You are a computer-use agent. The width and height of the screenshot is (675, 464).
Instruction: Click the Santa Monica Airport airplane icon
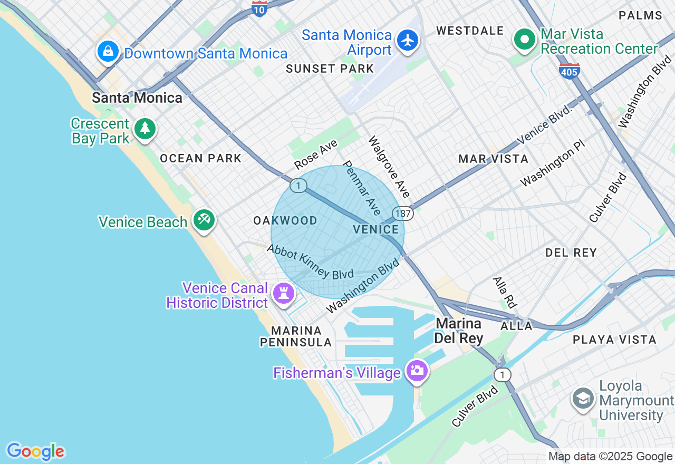[407, 41]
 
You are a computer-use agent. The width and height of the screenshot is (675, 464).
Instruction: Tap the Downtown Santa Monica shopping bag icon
[108, 51]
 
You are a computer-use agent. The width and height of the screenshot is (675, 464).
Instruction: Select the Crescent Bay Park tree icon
[145, 128]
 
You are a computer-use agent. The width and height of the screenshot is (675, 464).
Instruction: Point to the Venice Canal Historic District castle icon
[284, 293]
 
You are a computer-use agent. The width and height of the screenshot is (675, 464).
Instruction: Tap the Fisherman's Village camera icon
[417, 370]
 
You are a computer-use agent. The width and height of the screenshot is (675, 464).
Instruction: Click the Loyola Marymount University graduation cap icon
[583, 399]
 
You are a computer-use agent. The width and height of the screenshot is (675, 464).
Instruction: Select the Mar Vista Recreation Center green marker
[525, 39]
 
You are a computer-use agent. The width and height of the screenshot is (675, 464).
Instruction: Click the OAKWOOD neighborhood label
[285, 220]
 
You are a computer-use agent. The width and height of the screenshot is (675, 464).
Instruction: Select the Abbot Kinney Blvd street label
[310, 262]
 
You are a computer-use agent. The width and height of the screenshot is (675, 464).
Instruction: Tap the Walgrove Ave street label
[389, 166]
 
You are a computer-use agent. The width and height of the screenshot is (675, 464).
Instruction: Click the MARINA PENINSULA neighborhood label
[296, 336]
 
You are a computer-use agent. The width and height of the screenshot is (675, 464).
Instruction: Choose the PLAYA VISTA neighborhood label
[614, 340]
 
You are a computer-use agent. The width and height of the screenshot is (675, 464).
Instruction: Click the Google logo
[35, 451]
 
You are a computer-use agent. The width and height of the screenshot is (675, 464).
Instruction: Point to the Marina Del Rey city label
[458, 331]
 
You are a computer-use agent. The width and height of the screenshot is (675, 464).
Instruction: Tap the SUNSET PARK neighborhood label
[330, 69]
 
